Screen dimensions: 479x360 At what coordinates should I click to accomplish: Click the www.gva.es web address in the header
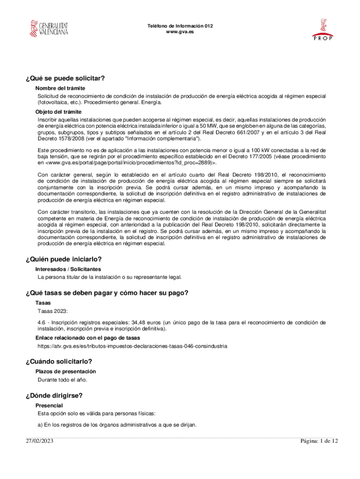(180, 32)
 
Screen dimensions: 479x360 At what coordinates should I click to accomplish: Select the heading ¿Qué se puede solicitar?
(65, 78)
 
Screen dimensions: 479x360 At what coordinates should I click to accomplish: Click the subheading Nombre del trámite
(60, 88)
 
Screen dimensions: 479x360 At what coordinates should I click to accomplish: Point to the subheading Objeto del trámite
(58, 112)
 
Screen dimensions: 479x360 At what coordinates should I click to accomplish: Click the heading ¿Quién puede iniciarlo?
(64, 259)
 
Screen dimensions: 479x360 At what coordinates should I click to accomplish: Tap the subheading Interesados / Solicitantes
(68, 269)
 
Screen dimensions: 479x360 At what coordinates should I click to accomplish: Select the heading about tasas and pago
(107, 293)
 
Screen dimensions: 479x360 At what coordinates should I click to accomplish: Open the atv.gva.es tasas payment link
(132, 346)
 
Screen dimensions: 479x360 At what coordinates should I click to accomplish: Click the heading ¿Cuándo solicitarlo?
(59, 361)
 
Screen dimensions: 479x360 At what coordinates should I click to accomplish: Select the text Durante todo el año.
(62, 379)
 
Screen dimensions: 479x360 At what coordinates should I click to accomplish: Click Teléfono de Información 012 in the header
(180, 26)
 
